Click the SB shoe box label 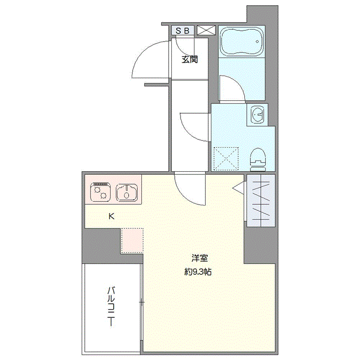(x=183, y=31)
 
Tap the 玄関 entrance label (x=190, y=60)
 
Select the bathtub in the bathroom (x=242, y=42)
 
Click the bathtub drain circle (x=257, y=42)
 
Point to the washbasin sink (x=258, y=114)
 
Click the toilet (x=258, y=159)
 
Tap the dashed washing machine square (x=226, y=158)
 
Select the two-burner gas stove (x=100, y=192)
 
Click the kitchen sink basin (x=127, y=192)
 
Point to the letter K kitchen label (x=112, y=217)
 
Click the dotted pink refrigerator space (x=132, y=241)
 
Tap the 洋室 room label (x=200, y=258)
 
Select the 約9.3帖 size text (x=198, y=272)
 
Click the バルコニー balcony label (x=112, y=307)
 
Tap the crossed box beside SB (x=206, y=30)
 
